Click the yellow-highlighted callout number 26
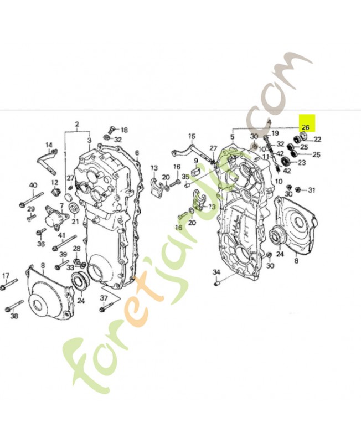pos(306,127)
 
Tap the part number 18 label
pos(124,130)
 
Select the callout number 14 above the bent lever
pos(49,145)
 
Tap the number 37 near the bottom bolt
pos(104,299)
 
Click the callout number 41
pos(62,235)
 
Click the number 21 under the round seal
pos(75,221)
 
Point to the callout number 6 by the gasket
pos(137,152)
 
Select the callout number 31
pos(311,190)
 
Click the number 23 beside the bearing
pos(302,163)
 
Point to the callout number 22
pos(318,139)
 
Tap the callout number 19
pos(275,133)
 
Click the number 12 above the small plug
pos(55,182)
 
